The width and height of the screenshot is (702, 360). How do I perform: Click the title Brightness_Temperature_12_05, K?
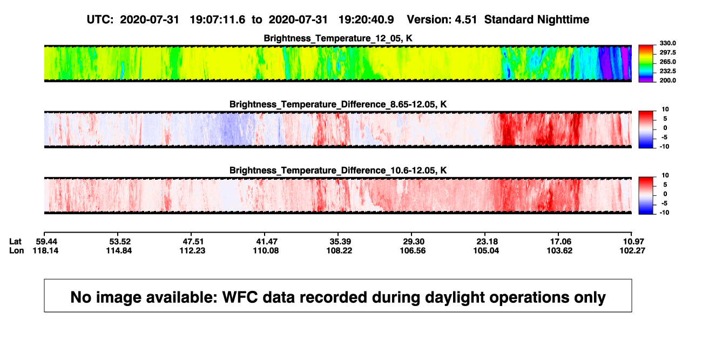(338, 38)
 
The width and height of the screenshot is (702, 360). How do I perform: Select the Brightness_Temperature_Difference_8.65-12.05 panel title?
(338, 104)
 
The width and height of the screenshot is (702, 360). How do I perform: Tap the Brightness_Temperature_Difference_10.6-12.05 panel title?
(338, 171)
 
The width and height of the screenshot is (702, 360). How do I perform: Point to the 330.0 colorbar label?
(667, 43)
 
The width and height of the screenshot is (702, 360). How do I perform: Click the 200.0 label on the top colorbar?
(667, 80)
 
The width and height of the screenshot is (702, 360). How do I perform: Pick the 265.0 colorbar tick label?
(667, 62)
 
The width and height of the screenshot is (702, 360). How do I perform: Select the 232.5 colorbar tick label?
(667, 71)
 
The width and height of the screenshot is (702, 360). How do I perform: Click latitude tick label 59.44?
(46, 242)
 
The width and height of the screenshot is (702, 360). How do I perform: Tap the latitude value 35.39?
(340, 242)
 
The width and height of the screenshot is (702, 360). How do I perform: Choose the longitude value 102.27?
(632, 250)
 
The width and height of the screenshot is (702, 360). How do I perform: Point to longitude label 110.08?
(266, 250)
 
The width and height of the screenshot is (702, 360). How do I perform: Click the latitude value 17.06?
(561, 242)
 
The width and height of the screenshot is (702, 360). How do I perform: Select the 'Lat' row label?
(15, 242)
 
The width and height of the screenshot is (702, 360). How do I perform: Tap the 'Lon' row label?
(17, 250)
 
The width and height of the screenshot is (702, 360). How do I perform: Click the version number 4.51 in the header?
(465, 19)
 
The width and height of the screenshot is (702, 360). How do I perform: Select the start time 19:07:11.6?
(218, 19)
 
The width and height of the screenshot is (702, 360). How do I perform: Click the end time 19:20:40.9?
(366, 19)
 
